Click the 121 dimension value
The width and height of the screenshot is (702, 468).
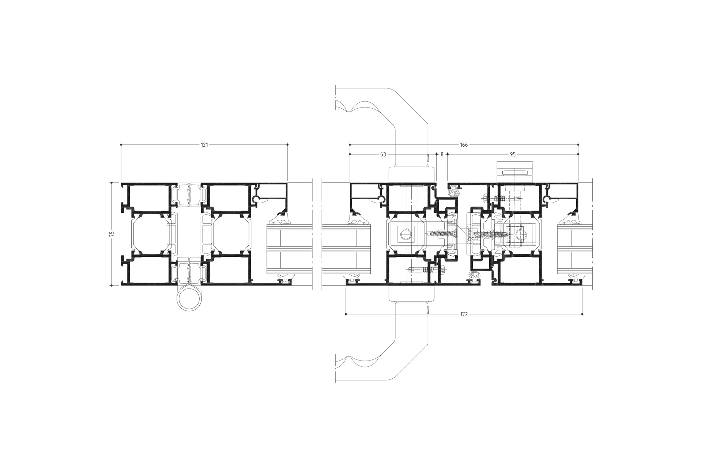pyautogui.click(x=204, y=145)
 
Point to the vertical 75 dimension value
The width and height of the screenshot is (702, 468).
pyautogui.click(x=112, y=234)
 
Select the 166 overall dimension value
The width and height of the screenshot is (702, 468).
pyautogui.click(x=464, y=145)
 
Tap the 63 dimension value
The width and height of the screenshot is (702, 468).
pyautogui.click(x=383, y=155)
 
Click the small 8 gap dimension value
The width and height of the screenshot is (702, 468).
pyautogui.click(x=442, y=155)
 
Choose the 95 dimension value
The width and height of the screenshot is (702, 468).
pyautogui.click(x=513, y=155)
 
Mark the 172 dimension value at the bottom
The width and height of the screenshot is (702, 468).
pyautogui.click(x=464, y=314)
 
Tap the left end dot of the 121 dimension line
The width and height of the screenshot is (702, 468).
pyautogui.click(x=121, y=145)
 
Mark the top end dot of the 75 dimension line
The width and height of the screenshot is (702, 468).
pyautogui.click(x=112, y=182)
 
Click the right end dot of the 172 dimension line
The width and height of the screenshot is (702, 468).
pyautogui.click(x=582, y=314)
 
